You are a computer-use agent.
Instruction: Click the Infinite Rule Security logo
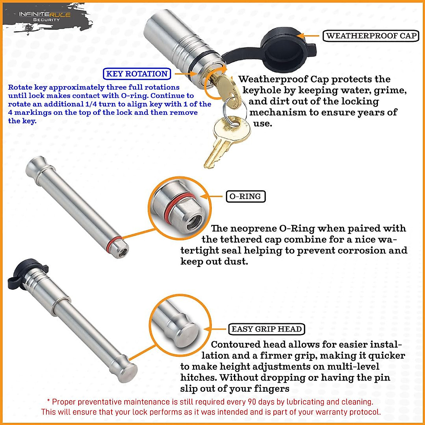45,16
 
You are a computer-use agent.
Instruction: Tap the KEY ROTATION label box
137,74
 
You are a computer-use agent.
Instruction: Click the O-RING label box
245,197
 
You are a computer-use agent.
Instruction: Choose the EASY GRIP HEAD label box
266,329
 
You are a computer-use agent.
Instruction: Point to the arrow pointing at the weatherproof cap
308,36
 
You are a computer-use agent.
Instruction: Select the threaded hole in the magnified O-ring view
193,220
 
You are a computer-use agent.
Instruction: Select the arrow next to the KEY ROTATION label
184,74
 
